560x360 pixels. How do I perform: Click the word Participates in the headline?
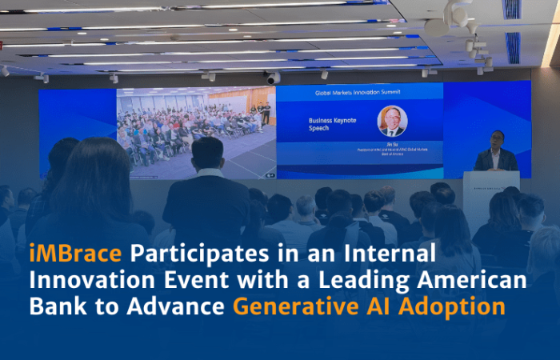[190, 255]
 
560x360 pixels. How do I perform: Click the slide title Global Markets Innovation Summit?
[359, 92]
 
